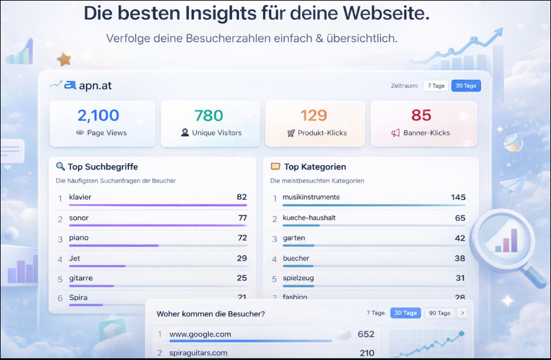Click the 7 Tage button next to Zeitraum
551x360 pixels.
pyautogui.click(x=436, y=86)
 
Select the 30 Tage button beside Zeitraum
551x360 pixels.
pyautogui.click(x=466, y=86)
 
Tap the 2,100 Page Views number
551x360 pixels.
pyautogui.click(x=98, y=115)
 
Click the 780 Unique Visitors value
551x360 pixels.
pyautogui.click(x=209, y=115)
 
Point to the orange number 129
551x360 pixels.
pyautogui.click(x=313, y=115)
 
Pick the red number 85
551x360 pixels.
pyautogui.click(x=421, y=115)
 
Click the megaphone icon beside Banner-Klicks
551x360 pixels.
pyautogui.click(x=396, y=133)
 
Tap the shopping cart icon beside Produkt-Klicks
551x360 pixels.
pyautogui.click(x=291, y=133)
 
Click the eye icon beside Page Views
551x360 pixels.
pyautogui.click(x=80, y=133)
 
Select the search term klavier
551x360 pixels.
pyautogui.click(x=80, y=197)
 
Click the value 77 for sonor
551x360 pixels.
pyautogui.click(x=242, y=218)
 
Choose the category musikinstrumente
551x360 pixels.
pyautogui.click(x=311, y=197)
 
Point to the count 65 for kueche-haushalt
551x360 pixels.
pyautogui.click(x=459, y=218)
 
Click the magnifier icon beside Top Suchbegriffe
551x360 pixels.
pyautogui.click(x=60, y=166)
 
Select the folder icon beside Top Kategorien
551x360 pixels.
pyautogui.click(x=275, y=166)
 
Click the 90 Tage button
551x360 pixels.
pyautogui.click(x=440, y=313)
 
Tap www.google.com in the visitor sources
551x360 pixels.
pyautogui.click(x=200, y=334)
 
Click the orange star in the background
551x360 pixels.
pyautogui.click(x=64, y=59)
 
